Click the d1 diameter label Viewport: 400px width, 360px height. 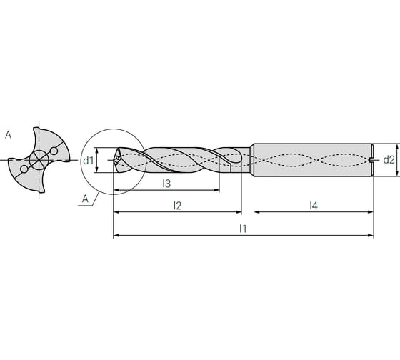click(88, 160)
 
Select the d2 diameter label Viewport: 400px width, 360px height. click(389, 159)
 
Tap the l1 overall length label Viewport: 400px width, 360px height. click(243, 228)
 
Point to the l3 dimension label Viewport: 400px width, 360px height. click(166, 184)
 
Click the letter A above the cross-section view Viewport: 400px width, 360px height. click(8, 134)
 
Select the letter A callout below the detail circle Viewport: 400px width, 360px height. click(85, 199)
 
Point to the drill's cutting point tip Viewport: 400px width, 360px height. click(115, 161)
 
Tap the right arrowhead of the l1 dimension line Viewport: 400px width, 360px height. click(371, 235)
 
